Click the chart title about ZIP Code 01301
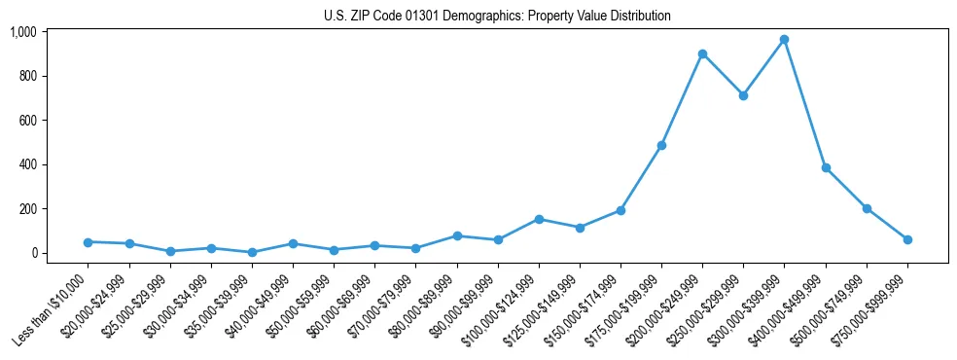tap(497, 17)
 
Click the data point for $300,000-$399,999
tap(784, 40)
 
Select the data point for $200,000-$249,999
tap(702, 54)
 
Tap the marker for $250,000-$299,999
tap(743, 95)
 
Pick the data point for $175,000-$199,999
tap(661, 145)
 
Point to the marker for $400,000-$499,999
tap(826, 167)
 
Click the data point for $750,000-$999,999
tap(907, 239)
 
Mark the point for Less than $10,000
tap(88, 241)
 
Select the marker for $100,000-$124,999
tap(538, 219)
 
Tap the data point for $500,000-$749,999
tap(867, 208)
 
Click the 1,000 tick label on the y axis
tap(23, 32)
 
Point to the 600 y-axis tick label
tap(27, 121)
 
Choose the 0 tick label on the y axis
tap(34, 253)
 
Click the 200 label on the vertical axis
tap(27, 209)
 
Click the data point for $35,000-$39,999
tap(252, 252)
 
